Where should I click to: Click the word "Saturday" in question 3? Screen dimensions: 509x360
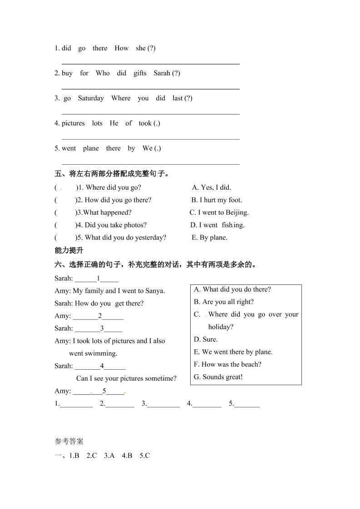(x=91, y=98)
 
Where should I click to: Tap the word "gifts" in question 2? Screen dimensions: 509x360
(x=140, y=73)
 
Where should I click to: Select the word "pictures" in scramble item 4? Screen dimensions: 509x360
(x=73, y=123)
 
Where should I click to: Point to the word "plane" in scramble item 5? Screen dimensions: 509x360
(x=91, y=148)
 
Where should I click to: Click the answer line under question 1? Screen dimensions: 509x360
(x=150, y=64)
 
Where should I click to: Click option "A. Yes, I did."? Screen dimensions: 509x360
(x=212, y=187)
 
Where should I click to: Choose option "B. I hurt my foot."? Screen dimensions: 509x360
(x=217, y=200)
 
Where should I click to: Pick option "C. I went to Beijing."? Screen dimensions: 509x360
(x=219, y=212)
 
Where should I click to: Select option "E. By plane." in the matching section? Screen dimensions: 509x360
(x=210, y=237)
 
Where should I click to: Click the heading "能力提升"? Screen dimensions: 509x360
(x=69, y=250)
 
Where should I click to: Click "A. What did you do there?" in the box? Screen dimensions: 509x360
(x=232, y=289)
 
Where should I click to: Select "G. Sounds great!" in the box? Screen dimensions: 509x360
(x=218, y=377)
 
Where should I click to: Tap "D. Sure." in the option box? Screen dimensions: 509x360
(x=206, y=339)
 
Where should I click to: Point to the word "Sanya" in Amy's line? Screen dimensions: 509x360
(x=155, y=291)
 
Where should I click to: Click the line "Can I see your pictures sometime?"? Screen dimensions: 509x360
(x=126, y=378)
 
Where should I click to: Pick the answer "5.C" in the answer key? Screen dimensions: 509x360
(x=144, y=455)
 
